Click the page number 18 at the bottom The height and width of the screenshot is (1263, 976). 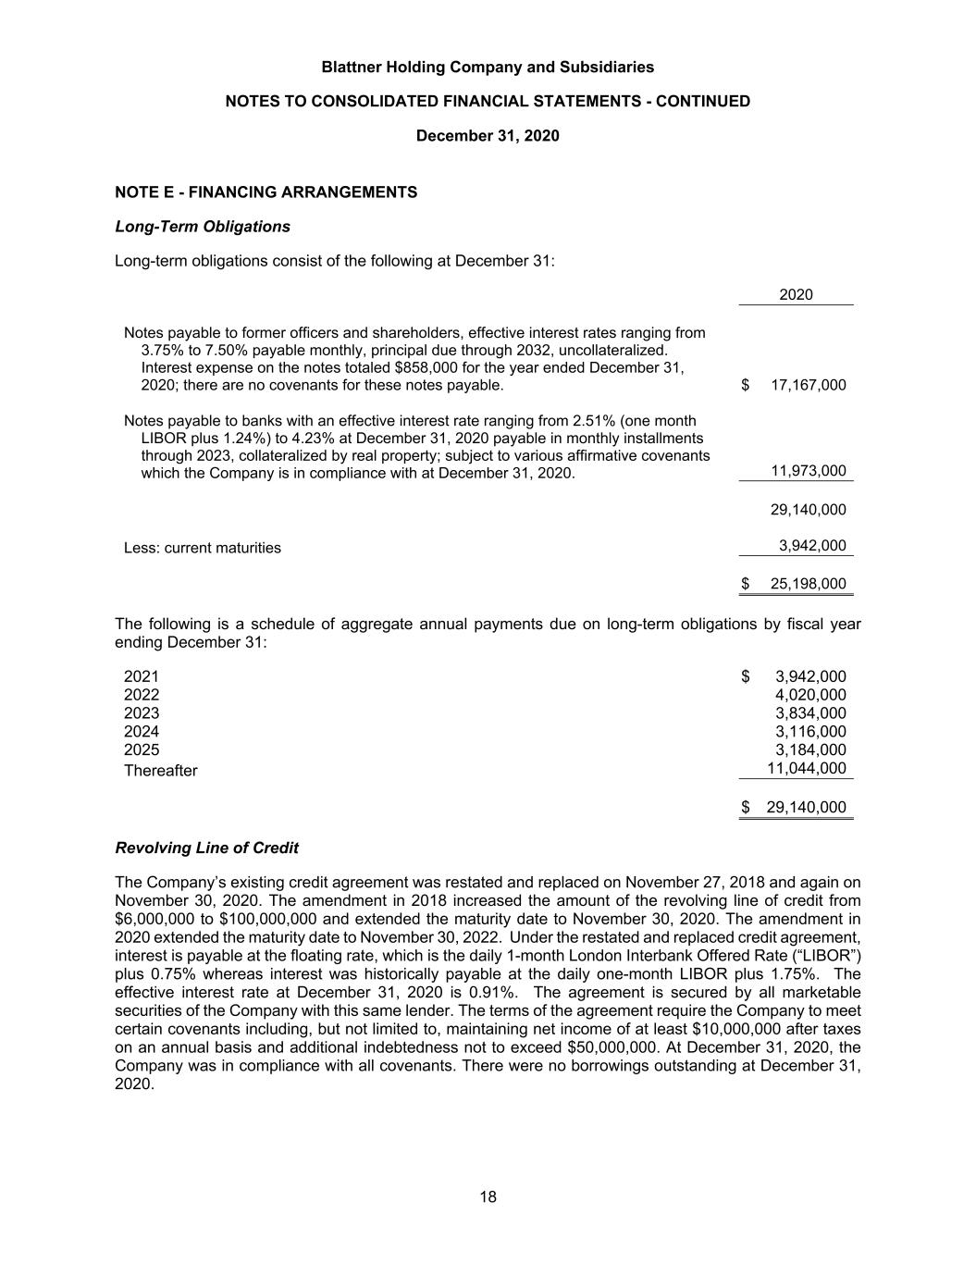pos(488,1197)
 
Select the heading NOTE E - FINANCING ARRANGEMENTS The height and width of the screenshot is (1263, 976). pos(266,192)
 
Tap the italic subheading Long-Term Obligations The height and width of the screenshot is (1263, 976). pos(203,227)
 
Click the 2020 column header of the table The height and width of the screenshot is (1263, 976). pos(796,295)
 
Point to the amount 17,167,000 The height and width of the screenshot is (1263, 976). pos(808,385)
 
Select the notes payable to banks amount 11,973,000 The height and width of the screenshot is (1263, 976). pos(808,471)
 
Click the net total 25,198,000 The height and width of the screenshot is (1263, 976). pos(808,584)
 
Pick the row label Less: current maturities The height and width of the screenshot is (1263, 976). pos(203,548)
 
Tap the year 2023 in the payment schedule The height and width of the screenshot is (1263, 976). pos(142,713)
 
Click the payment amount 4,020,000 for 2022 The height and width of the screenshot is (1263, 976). pos(810,695)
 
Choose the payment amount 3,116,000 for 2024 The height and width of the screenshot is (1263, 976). pos(810,732)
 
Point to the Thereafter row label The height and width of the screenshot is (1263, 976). pos(161,771)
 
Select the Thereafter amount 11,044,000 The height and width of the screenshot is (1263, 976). pos(807,768)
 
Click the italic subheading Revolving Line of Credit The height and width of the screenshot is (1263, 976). pos(206,848)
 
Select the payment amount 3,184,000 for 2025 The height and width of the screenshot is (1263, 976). pos(810,749)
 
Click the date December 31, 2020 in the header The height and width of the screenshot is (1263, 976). pos(488,136)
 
